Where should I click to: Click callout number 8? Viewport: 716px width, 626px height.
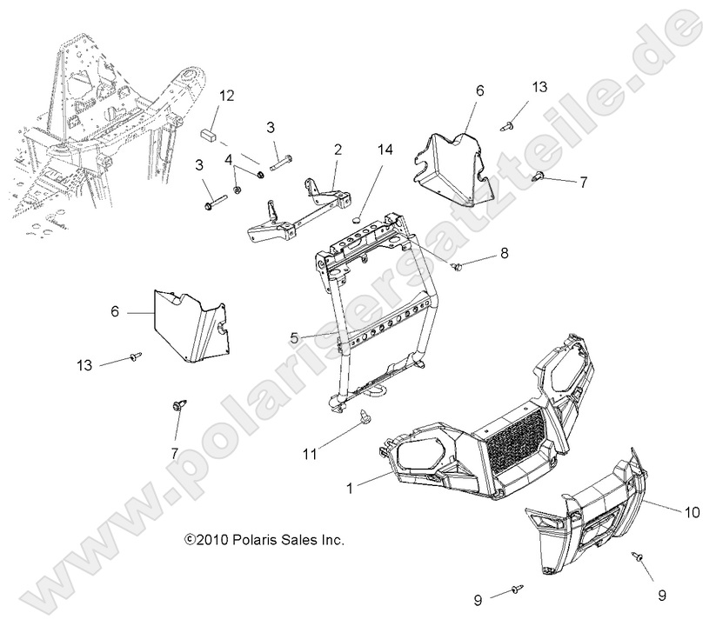click(x=503, y=254)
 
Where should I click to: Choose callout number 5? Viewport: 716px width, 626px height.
click(x=295, y=336)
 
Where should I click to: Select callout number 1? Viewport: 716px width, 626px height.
click(x=350, y=489)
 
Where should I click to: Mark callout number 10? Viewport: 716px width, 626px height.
click(x=693, y=513)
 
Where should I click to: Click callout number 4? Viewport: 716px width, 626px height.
click(x=229, y=161)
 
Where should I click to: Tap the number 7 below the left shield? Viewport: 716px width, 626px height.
click(x=174, y=454)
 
